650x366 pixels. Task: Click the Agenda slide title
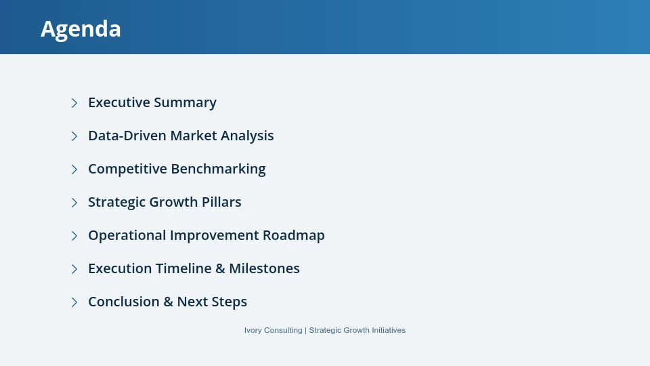[81, 28]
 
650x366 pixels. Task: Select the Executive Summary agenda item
[152, 102]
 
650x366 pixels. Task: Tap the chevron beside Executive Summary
[74, 103]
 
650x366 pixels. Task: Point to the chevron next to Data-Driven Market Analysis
[74, 136]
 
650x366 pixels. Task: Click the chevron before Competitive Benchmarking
[74, 169]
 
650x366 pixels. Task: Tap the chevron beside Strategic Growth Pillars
[74, 203]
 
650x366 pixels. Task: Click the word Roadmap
[294, 235]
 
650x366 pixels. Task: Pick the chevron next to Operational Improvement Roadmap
[74, 236]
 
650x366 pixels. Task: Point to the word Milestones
[264, 268]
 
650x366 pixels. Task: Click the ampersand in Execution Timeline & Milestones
[220, 268]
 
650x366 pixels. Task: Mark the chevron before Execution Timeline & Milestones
[74, 269]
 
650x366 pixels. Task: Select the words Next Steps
[212, 302]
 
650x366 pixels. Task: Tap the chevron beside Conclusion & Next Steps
[74, 302]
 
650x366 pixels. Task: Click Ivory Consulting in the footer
[273, 330]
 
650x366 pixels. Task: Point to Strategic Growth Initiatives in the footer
[357, 330]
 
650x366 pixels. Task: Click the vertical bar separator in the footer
[305, 330]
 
